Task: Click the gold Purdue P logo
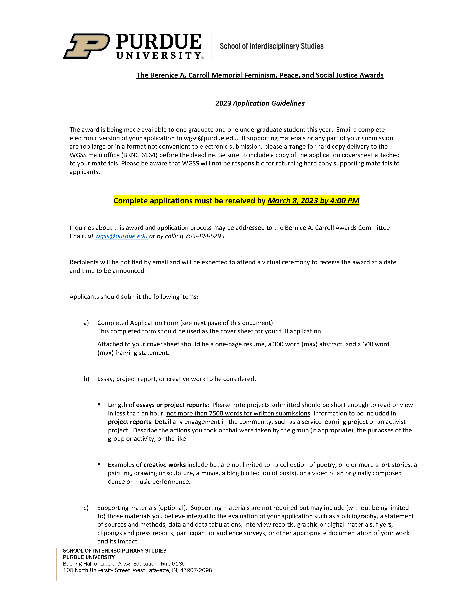coord(87,46)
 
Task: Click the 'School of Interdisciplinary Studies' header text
coord(271,46)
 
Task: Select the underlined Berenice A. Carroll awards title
coord(260,75)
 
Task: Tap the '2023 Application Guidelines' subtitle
coord(260,103)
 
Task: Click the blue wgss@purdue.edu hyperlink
coord(121,236)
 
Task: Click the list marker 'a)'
coord(86,323)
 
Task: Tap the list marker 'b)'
coord(86,379)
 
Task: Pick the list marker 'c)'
coord(86,508)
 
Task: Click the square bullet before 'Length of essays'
coord(99,405)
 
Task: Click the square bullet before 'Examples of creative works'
coord(99,464)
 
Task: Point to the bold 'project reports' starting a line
coord(129,422)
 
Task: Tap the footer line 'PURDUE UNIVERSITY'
coord(89,557)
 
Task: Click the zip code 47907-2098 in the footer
coord(196,570)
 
